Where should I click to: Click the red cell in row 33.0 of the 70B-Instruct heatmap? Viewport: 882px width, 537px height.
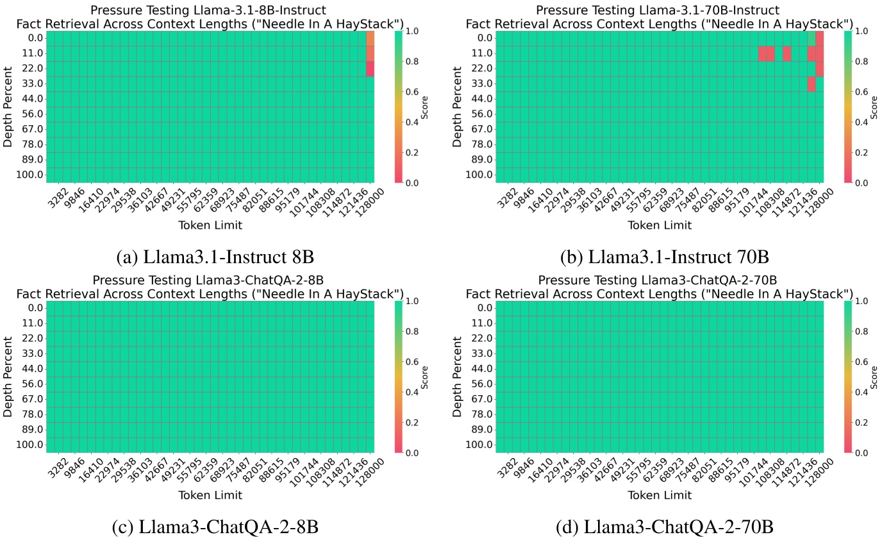tap(811, 84)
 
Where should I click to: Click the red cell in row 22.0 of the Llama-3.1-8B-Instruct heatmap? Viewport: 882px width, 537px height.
tap(370, 69)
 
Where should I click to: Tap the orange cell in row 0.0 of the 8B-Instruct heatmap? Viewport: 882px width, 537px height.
tap(370, 38)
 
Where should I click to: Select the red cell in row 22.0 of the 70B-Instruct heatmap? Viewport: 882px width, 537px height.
tap(819, 69)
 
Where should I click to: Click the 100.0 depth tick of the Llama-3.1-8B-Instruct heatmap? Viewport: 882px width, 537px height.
tap(31, 175)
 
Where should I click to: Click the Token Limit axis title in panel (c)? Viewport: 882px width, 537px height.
tap(211, 495)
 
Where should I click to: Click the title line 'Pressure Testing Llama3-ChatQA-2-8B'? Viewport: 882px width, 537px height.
tap(208, 280)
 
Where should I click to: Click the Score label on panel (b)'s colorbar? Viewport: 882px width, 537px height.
tap(874, 107)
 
